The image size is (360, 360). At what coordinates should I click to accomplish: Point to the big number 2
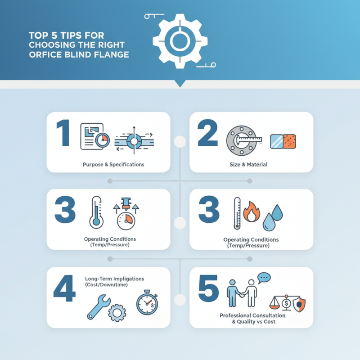[208, 133]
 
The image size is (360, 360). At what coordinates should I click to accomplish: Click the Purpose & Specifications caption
[113, 165]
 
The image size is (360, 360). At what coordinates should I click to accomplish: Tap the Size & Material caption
[248, 165]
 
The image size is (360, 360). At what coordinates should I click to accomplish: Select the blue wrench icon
[97, 306]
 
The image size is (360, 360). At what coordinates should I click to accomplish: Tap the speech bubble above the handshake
[264, 278]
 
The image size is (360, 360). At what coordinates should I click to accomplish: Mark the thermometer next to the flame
[237, 214]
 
